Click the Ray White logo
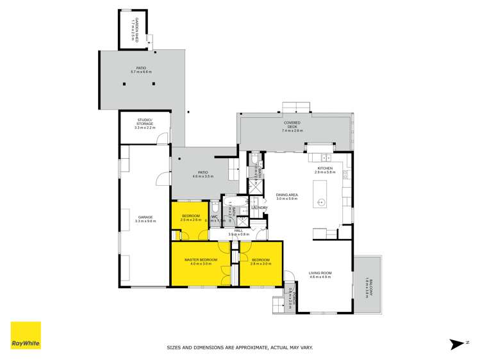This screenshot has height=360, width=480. point(26,336)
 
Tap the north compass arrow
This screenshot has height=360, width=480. point(456,344)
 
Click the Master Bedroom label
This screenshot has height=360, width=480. point(201,261)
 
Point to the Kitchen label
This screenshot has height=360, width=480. point(325,170)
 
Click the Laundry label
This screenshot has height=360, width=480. point(260,208)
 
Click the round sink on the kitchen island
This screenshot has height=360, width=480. point(322,202)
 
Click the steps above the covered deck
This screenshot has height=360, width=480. point(295,106)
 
